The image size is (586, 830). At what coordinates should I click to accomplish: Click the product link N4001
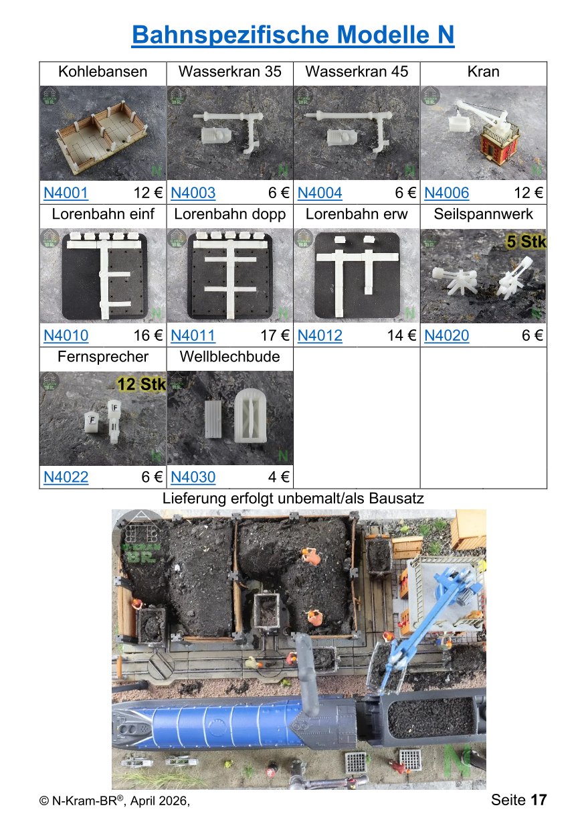[66, 193]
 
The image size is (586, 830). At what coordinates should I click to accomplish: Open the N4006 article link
[446, 193]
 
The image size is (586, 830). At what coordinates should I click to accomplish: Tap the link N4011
[193, 336]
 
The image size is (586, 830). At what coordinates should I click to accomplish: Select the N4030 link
[193, 477]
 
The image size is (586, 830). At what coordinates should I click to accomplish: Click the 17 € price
[275, 336]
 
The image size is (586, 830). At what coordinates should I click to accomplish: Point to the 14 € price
[402, 336]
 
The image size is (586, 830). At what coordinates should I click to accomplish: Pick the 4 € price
[279, 477]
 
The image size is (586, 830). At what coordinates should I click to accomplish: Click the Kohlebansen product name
[102, 72]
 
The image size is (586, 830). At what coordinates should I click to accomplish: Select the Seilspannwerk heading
[484, 214]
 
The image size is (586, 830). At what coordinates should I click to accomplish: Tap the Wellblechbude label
[229, 357]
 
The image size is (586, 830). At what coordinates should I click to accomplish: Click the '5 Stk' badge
[526, 242]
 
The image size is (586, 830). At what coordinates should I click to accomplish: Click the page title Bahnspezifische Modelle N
[293, 35]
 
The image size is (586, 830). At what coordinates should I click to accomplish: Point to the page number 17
[539, 800]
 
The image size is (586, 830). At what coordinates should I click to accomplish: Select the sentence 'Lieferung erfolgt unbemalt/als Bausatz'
[293, 499]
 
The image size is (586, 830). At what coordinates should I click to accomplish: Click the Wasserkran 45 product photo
[357, 133]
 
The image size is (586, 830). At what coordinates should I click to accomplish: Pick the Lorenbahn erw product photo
[357, 275]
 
